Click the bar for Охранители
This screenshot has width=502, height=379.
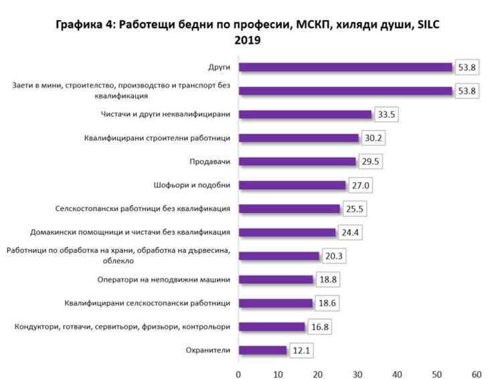262,350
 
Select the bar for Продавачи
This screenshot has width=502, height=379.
297,161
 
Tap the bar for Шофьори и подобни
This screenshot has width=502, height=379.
292,185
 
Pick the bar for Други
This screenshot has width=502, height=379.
345,67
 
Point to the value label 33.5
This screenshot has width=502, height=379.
388,115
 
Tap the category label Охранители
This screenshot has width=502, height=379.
209,350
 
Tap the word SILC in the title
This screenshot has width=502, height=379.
427,25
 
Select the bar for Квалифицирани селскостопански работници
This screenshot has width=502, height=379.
276,303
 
